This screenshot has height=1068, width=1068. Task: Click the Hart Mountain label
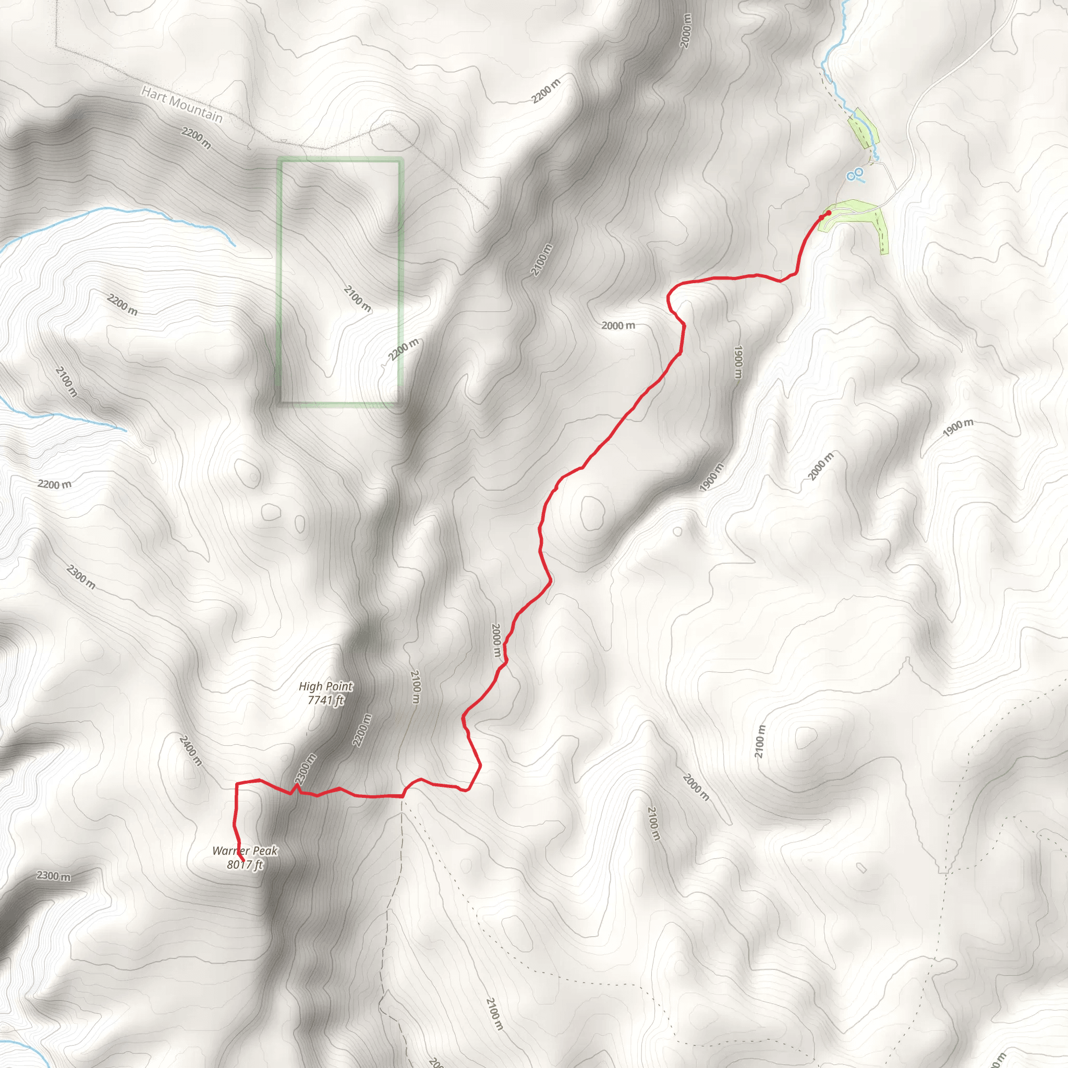(182, 104)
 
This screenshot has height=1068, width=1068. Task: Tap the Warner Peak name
(245, 851)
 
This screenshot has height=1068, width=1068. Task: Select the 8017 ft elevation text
(245, 865)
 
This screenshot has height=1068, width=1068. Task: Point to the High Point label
(325, 686)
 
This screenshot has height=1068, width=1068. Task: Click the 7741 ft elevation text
(325, 700)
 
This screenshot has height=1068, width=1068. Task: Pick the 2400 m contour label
(191, 750)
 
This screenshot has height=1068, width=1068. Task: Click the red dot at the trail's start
(828, 213)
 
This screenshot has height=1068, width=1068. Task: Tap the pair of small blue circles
(855, 174)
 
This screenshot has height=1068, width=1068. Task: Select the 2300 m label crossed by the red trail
(305, 768)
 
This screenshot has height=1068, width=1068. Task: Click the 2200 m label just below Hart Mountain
(196, 138)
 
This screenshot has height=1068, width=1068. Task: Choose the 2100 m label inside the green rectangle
(358, 298)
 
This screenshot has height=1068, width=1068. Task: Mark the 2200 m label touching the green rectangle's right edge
(404, 349)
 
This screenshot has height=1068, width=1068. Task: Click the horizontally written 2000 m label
(618, 325)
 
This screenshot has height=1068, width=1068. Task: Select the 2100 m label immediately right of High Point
(416, 687)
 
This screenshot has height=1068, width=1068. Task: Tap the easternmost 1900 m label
(958, 427)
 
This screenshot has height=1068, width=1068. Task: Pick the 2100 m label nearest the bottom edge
(495, 1014)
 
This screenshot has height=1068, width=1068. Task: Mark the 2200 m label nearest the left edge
(54, 484)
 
